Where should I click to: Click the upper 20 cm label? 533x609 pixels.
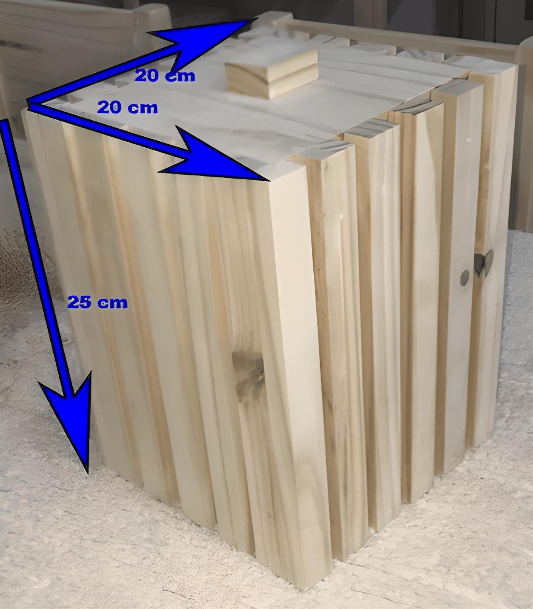pyautogui.click(x=165, y=76)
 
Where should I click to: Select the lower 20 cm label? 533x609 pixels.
pyautogui.click(x=127, y=108)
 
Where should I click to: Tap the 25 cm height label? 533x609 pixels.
pyautogui.click(x=97, y=303)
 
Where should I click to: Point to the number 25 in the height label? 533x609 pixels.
pyautogui.click(x=80, y=303)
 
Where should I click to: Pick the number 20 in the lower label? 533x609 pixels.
pyautogui.click(x=110, y=108)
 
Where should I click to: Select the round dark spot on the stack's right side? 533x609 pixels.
pyautogui.click(x=464, y=277)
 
